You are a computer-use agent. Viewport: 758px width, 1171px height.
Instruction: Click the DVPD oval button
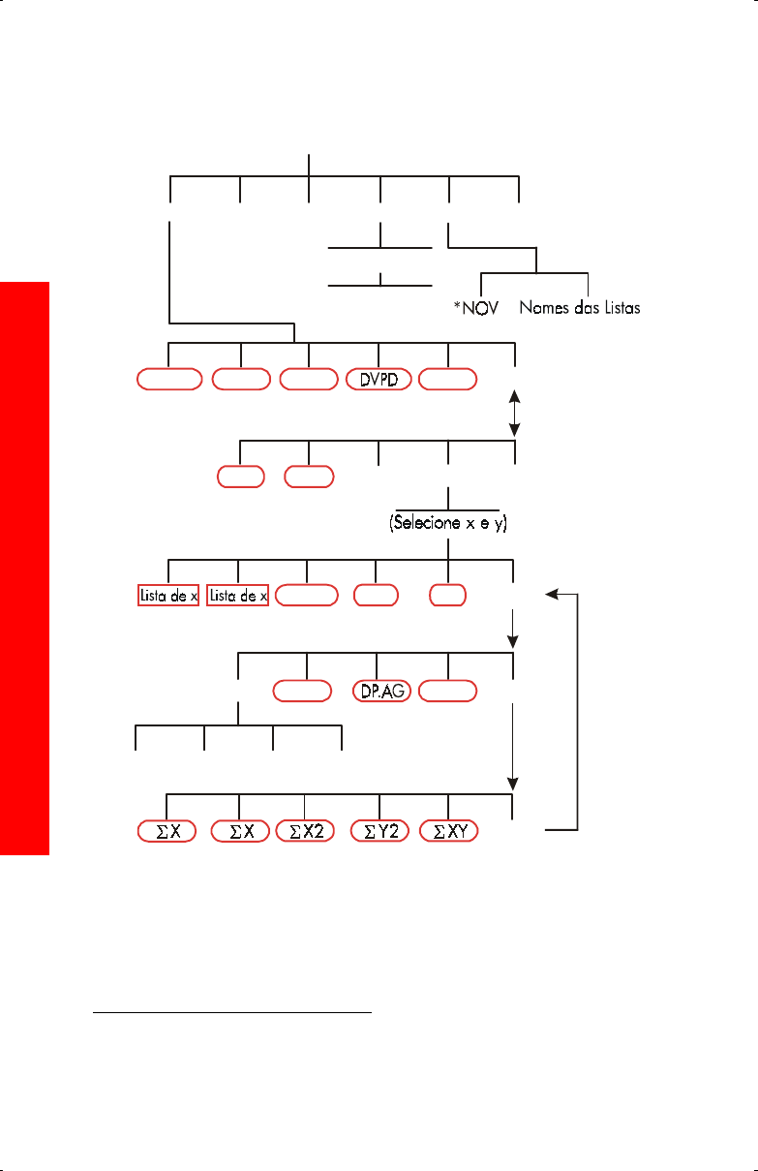379,379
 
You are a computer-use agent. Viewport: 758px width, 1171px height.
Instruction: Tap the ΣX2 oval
305,830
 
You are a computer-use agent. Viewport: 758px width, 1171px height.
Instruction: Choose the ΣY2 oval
379,830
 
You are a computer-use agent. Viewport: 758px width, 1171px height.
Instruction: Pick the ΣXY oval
449,830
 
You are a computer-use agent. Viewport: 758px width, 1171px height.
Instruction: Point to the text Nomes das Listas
580,309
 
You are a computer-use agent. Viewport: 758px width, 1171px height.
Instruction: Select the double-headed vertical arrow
515,413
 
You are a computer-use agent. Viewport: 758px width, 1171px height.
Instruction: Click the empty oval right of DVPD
449,379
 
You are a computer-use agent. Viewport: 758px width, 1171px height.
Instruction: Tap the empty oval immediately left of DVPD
308,379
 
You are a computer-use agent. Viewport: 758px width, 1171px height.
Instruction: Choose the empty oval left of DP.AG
302,691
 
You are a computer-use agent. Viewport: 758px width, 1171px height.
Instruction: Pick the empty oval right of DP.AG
449,691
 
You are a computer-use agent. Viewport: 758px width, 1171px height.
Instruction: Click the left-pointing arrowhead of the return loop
550,595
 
